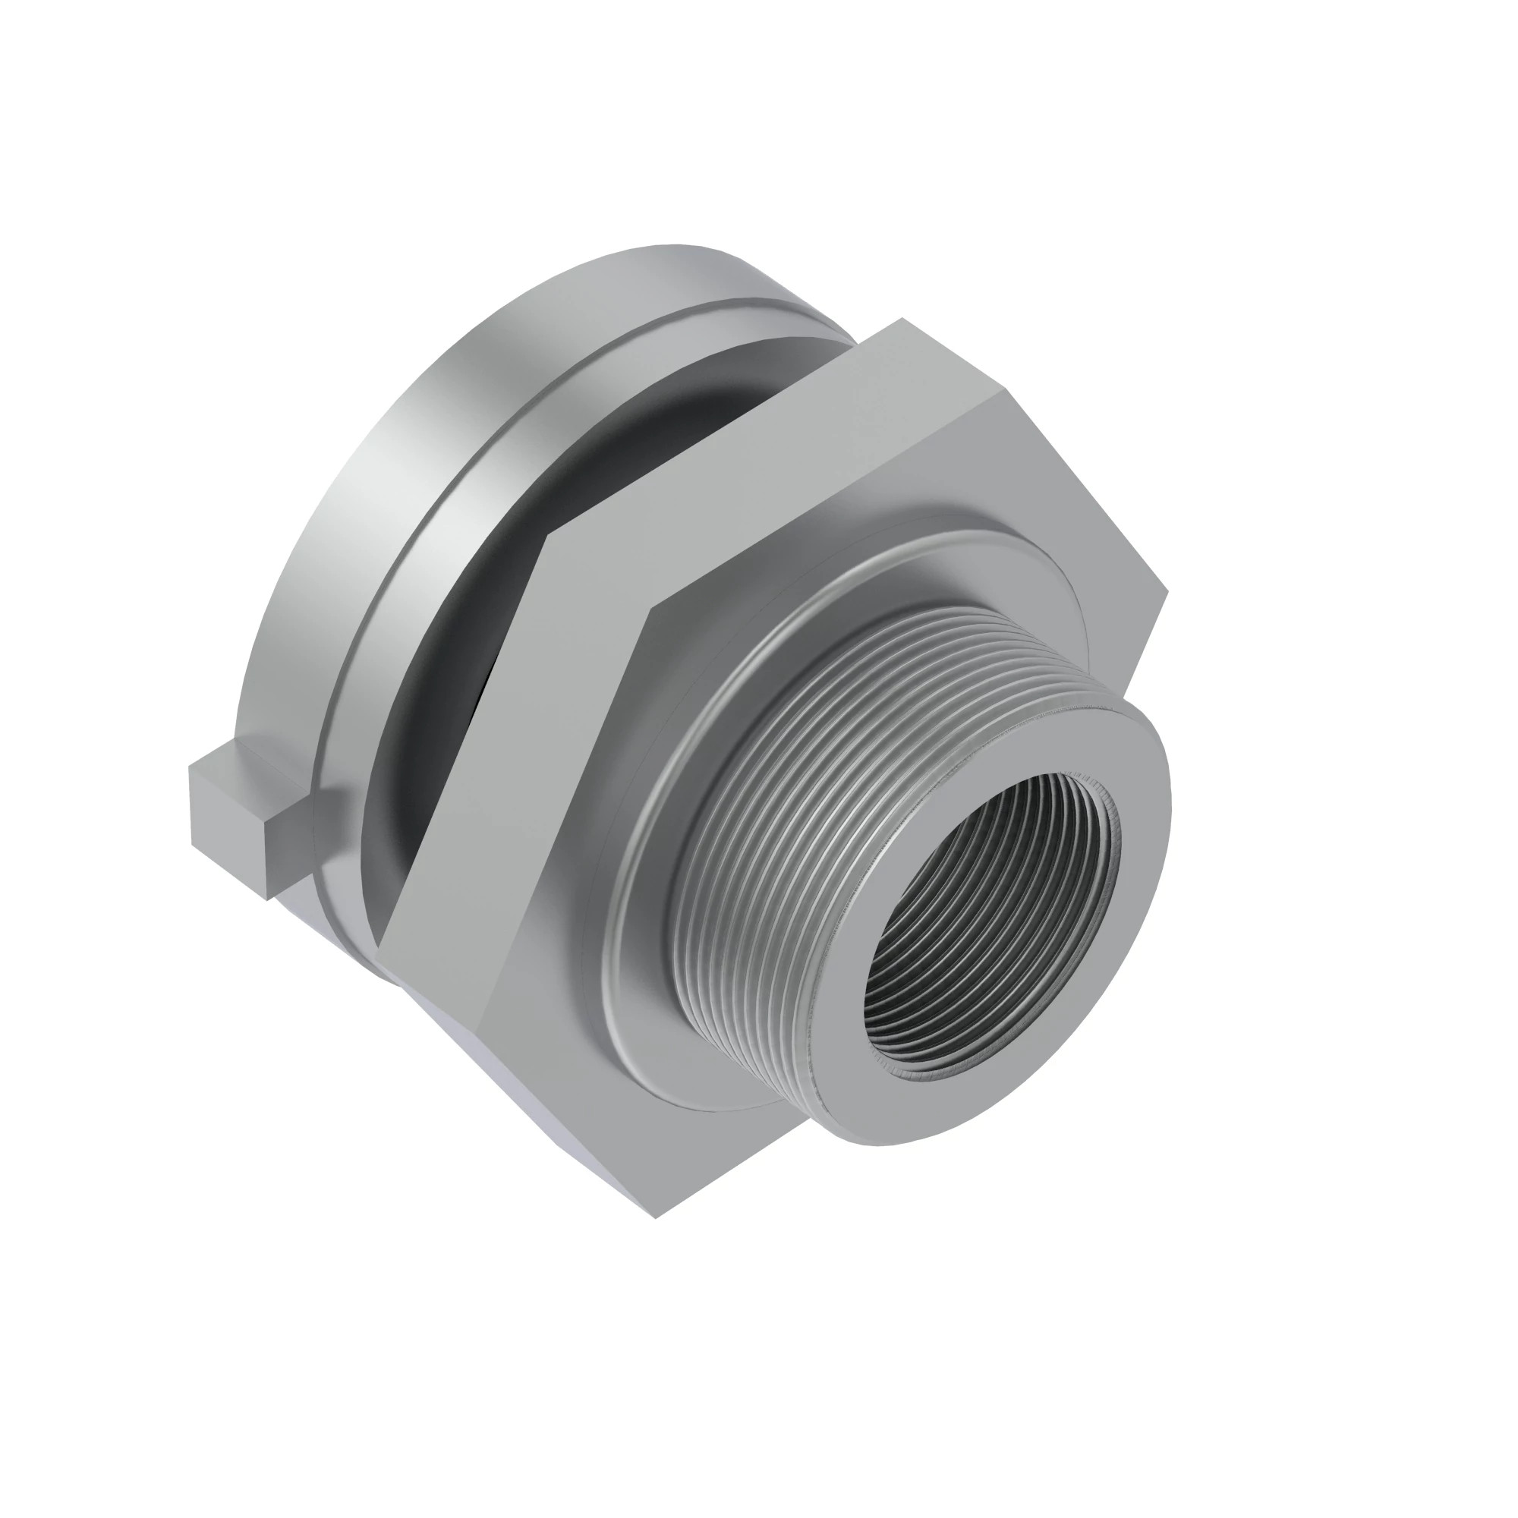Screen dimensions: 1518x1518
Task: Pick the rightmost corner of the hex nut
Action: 1166,589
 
